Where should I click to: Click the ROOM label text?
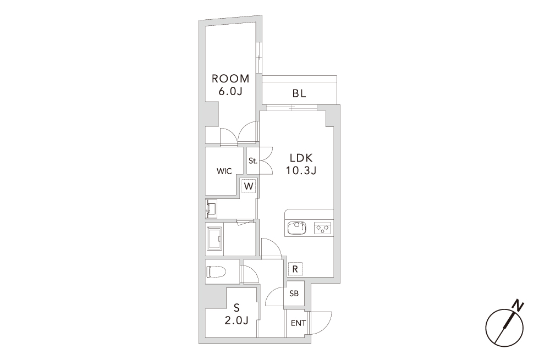[230, 79]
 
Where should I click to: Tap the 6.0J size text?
[230, 92]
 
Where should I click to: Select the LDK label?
[301, 158]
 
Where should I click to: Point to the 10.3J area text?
[301, 170]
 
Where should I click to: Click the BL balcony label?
[299, 93]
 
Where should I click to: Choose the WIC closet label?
[224, 171]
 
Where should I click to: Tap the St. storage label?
[253, 160]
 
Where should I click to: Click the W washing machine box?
[249, 186]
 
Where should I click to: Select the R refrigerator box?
[295, 269]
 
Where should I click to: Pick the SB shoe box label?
[294, 293]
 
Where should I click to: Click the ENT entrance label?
[298, 323]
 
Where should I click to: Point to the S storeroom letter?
[237, 307]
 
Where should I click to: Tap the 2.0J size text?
[237, 320]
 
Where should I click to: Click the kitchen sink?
[296, 228]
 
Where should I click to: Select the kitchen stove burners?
[322, 228]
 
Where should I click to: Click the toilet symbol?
[216, 272]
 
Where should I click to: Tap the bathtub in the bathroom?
[215, 240]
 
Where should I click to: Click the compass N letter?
[518, 305]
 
